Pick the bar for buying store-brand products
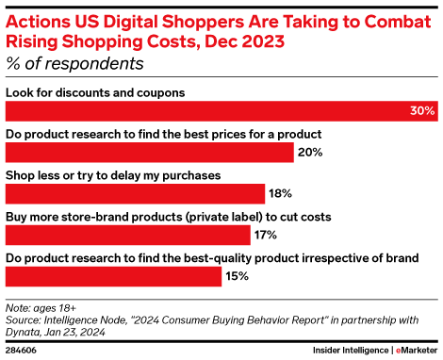click(x=128, y=236)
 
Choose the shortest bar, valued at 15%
click(x=113, y=276)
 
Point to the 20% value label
click(x=310, y=153)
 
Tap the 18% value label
click(x=280, y=194)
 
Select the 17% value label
click(x=266, y=236)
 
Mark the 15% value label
click(x=238, y=277)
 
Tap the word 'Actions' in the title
click(x=38, y=19)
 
